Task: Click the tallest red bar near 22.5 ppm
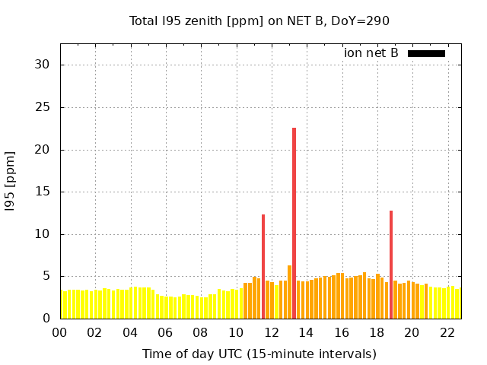294,221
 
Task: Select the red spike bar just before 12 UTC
263,266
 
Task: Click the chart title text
259,21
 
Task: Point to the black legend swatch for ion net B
426,53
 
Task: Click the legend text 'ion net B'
371,53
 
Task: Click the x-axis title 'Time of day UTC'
259,354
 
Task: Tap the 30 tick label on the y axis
43,65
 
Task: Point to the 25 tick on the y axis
43,107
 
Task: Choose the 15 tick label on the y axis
43,192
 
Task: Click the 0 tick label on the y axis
46,319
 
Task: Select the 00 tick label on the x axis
60,332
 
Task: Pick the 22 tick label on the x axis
447,332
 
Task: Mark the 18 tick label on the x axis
377,332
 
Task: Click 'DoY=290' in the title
363,21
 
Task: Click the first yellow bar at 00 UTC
62,305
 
